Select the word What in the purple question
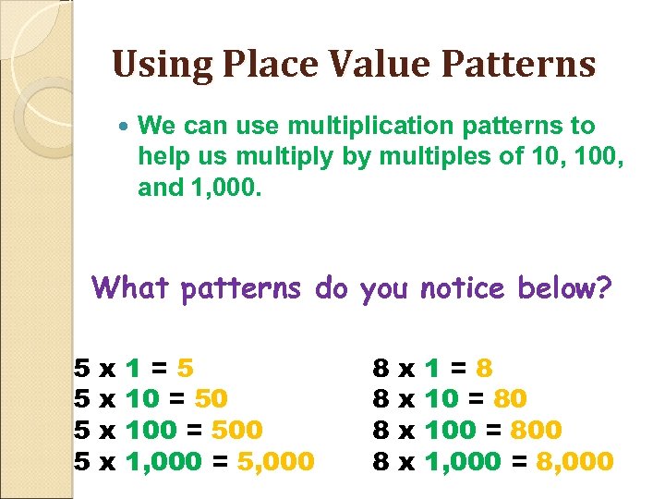click(132, 289)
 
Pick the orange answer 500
click(237, 430)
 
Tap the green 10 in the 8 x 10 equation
click(440, 399)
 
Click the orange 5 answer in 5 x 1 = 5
click(185, 369)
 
